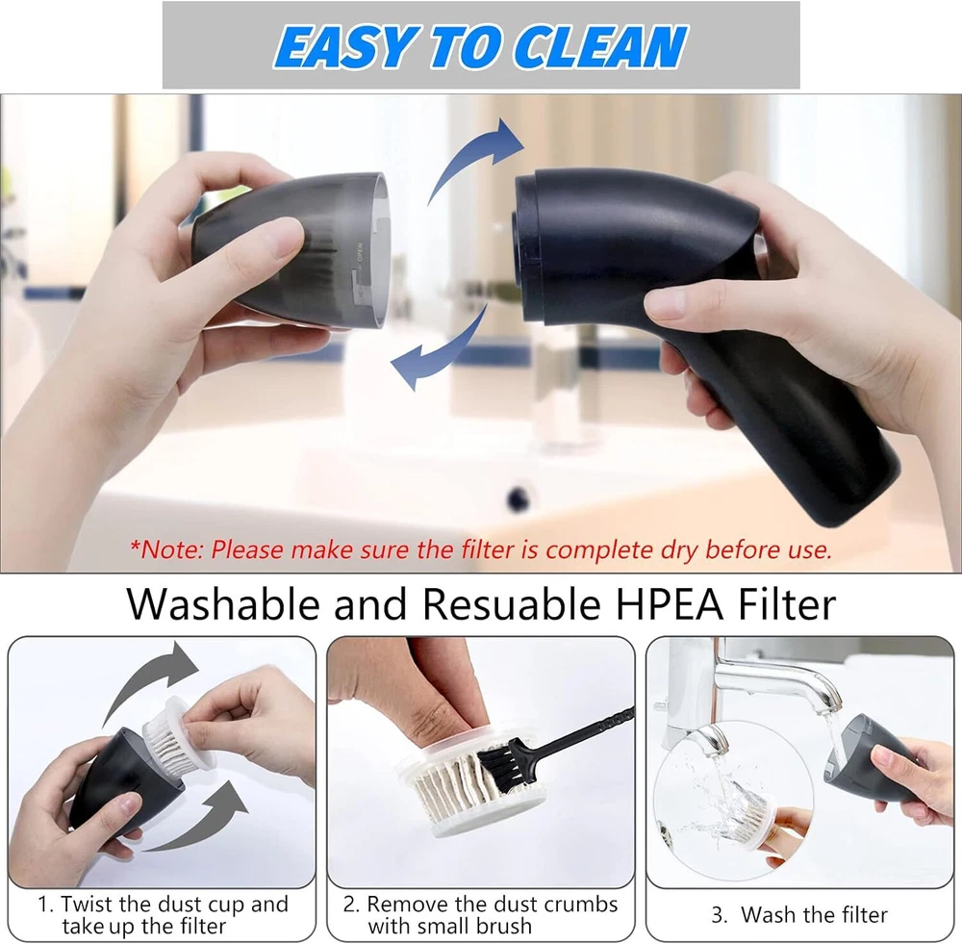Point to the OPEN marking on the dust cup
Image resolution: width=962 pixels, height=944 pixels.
click(360, 252)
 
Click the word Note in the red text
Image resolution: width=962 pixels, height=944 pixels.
click(172, 550)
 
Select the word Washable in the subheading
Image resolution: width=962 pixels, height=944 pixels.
click(223, 604)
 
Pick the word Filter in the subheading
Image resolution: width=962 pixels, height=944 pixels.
click(787, 604)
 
